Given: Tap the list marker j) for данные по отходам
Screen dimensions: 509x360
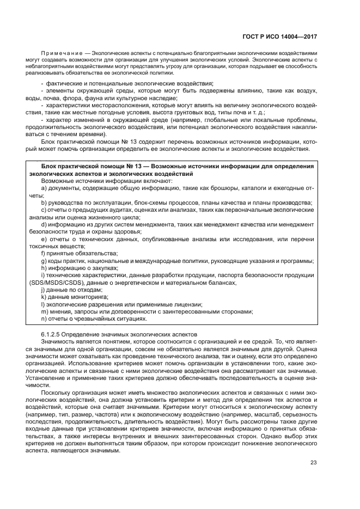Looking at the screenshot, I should [x=44, y=290].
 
